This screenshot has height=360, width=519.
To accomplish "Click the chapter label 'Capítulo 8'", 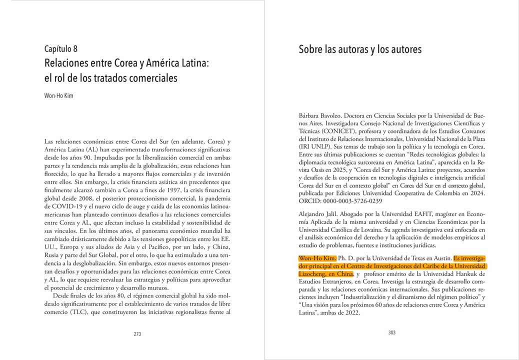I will (60, 49).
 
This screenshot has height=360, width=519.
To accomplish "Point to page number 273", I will (137, 334).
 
